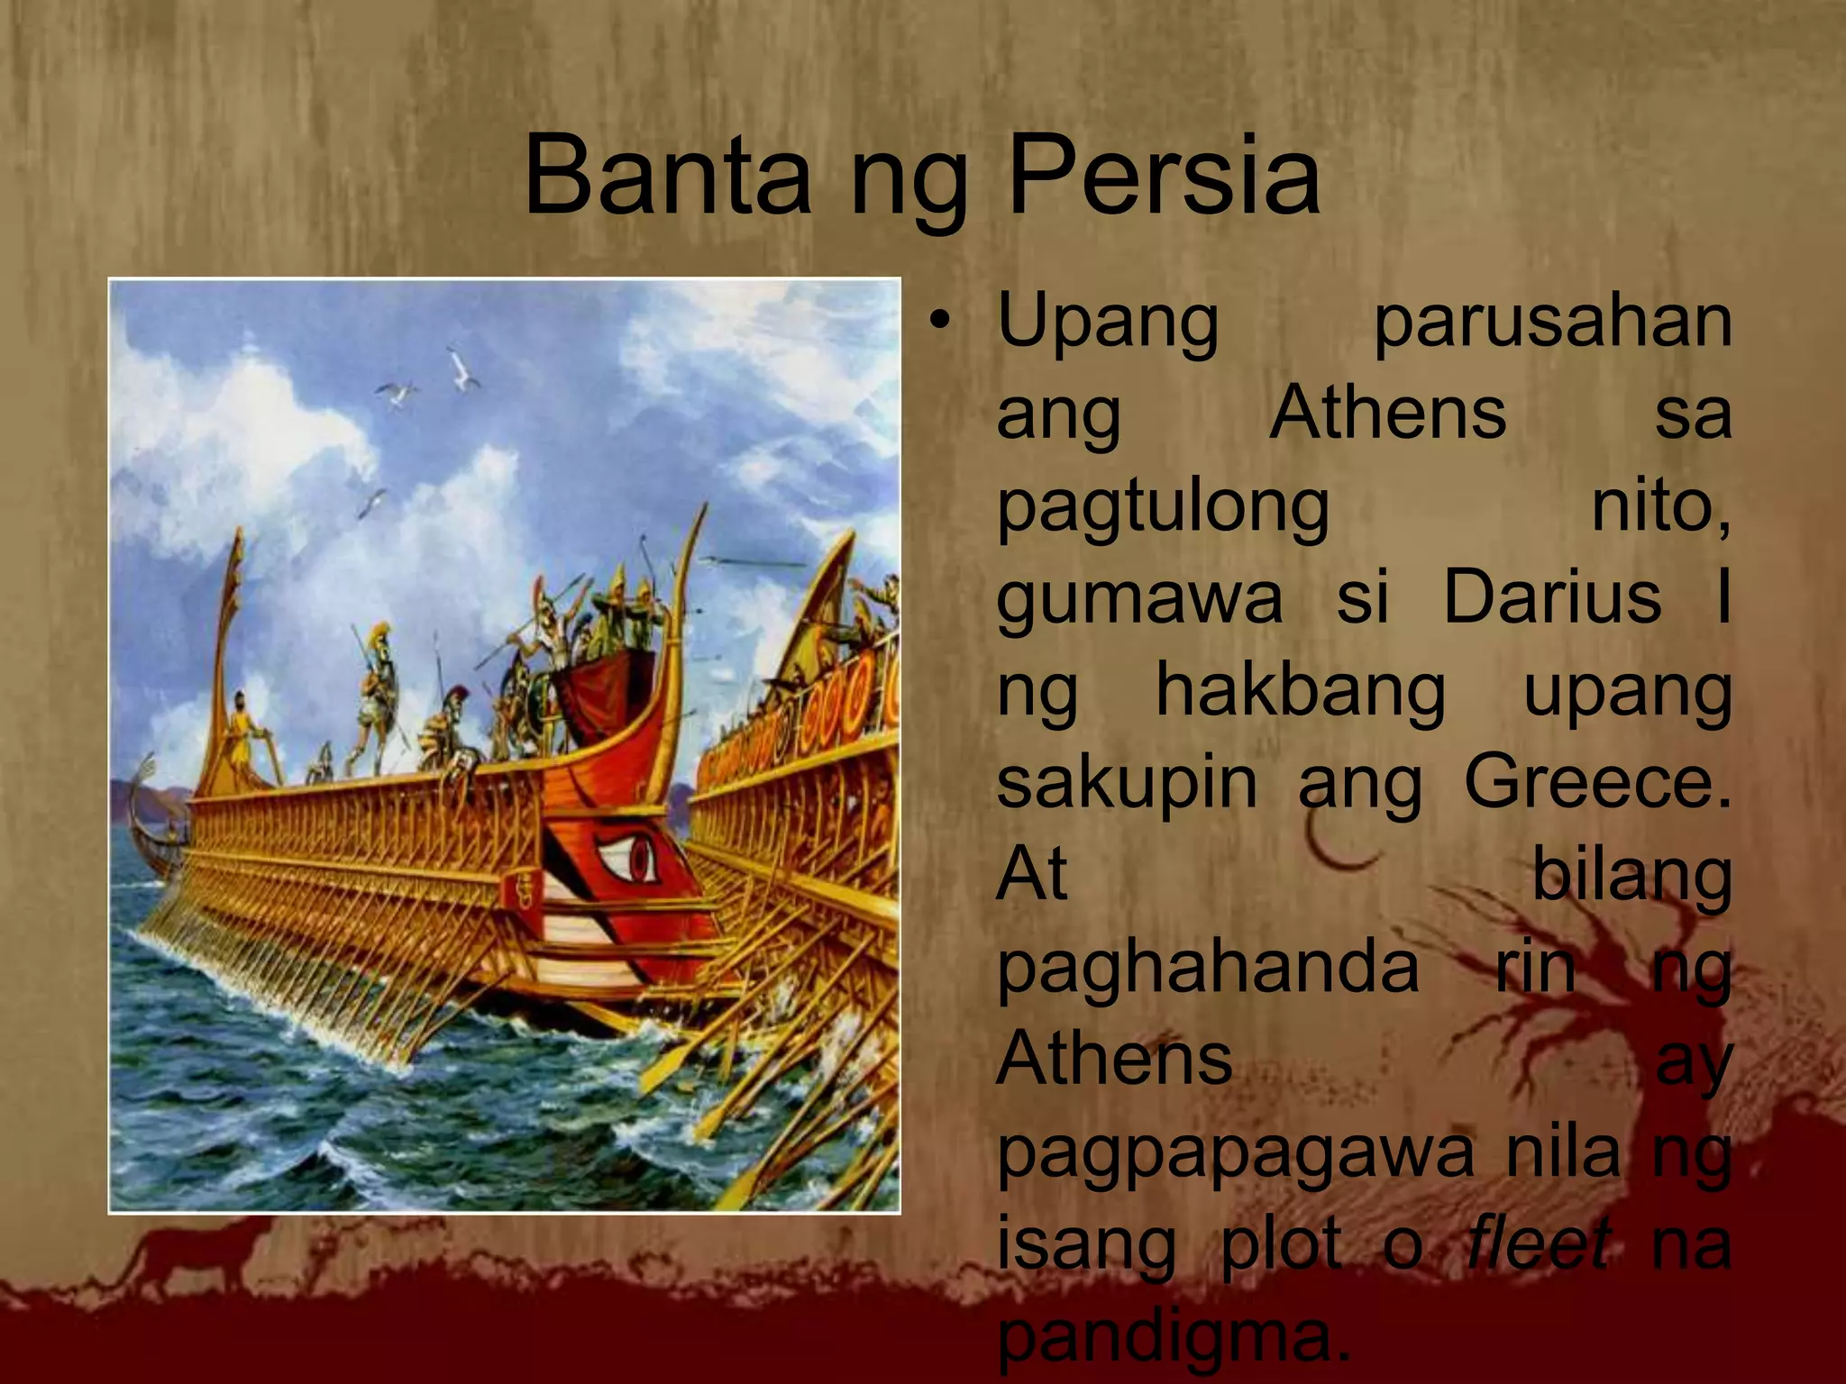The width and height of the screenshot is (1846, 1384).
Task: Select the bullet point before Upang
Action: click(941, 321)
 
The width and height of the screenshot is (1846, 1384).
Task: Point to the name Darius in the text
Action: click(1551, 598)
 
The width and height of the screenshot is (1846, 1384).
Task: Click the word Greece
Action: click(1596, 782)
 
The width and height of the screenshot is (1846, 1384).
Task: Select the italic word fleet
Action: click(1538, 1243)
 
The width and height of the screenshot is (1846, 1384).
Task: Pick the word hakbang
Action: click(1300, 692)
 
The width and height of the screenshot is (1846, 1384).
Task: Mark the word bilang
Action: click(1631, 877)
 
